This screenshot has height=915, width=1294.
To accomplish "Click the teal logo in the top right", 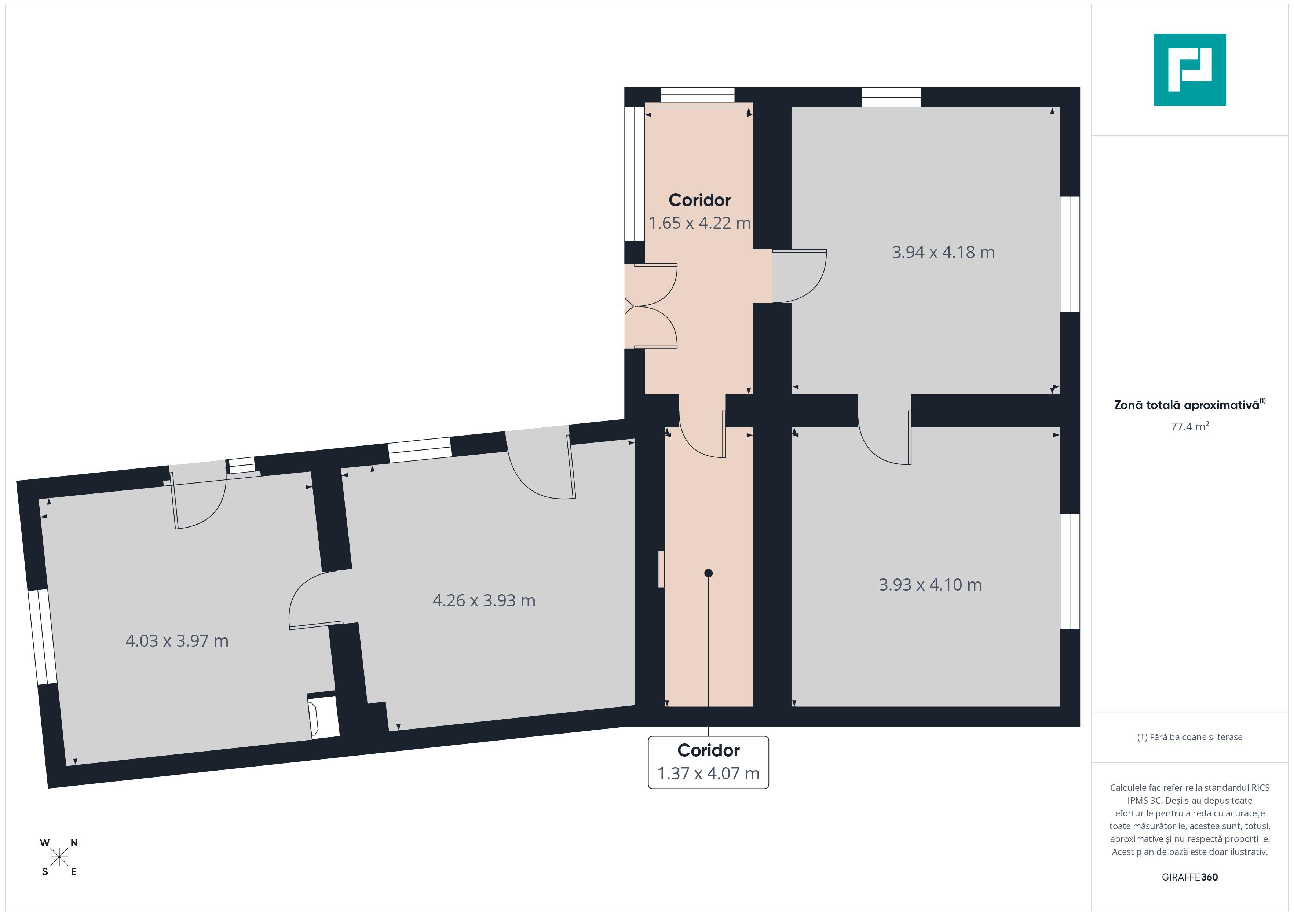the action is (x=1190, y=70).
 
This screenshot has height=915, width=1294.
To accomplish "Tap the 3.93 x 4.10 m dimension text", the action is (x=930, y=584).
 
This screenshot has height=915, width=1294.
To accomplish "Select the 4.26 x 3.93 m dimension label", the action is (x=483, y=600).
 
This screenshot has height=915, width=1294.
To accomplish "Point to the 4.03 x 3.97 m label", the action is (x=176, y=641).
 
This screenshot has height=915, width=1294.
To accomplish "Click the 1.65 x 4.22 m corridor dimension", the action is (x=699, y=223).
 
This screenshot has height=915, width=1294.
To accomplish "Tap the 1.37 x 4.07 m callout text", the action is (x=708, y=773).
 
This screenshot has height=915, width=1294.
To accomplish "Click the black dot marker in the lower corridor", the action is (x=708, y=573).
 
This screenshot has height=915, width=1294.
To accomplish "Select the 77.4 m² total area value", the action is (x=1190, y=426).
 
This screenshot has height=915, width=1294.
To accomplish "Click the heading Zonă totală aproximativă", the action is (x=1187, y=405).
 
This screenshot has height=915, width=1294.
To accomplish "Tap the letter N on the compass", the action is (x=74, y=843).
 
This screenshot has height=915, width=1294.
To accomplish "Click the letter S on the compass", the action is (x=45, y=872).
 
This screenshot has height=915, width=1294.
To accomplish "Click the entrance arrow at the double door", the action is (x=627, y=306).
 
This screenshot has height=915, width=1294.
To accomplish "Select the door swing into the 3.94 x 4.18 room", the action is (x=799, y=276).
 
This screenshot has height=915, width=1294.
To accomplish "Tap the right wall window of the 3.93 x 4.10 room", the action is (x=1070, y=571).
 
